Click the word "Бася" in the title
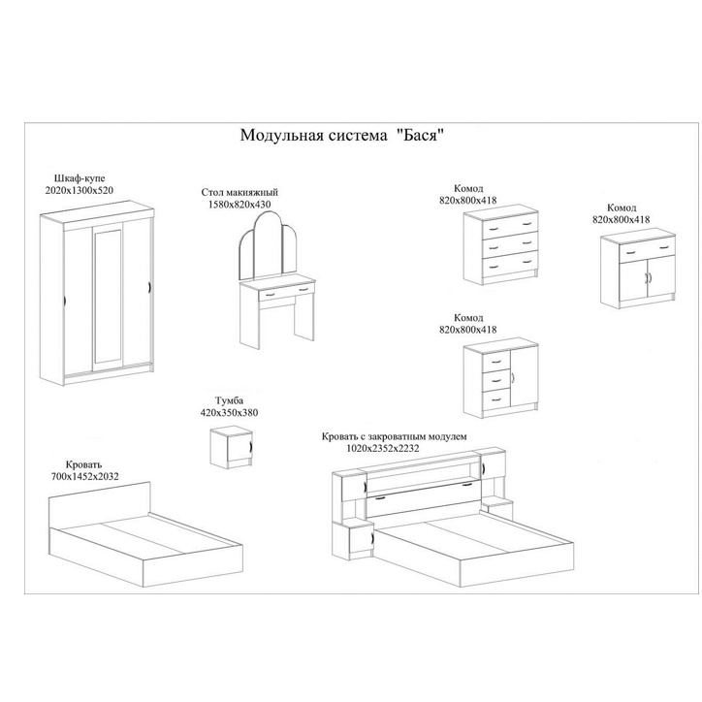(x=420, y=135)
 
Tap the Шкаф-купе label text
(x=80, y=178)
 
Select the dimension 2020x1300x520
(x=80, y=190)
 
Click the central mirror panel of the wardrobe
(x=108, y=297)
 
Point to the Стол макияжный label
(x=239, y=193)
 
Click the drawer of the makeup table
(x=287, y=292)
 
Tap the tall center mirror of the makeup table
(x=269, y=245)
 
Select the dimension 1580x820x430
(x=239, y=205)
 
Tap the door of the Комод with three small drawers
(x=524, y=376)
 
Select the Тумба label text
(x=229, y=400)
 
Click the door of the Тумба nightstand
(x=239, y=447)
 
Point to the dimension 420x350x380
(x=229, y=413)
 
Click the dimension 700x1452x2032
(x=85, y=477)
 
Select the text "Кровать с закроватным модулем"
(x=394, y=436)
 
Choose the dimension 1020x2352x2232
(x=383, y=448)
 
